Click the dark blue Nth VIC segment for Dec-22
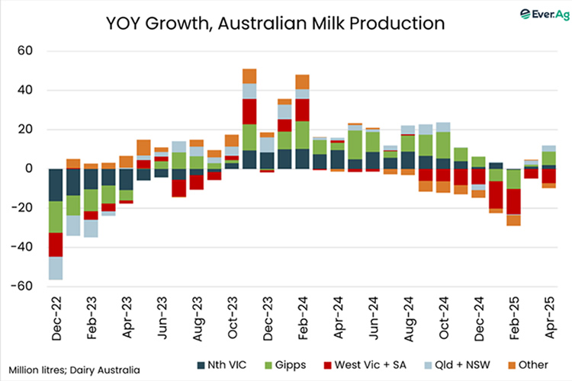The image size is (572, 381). [x=55, y=184]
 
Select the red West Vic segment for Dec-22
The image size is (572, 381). [x=55, y=245]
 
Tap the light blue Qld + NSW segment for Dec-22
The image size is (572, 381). [x=55, y=268]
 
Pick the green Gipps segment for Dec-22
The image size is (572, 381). [x=55, y=217]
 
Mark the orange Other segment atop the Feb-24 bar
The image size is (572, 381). [x=302, y=82]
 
